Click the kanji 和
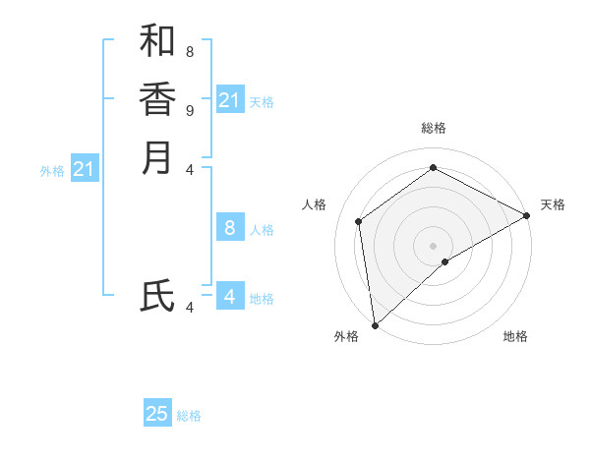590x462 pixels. click(157, 41)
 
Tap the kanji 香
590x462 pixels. click(157, 99)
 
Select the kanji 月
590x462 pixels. click(157, 158)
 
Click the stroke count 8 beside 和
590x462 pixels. click(189, 51)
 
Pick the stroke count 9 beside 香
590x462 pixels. click(189, 109)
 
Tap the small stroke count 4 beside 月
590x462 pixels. click(189, 169)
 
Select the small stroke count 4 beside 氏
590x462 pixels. click(189, 307)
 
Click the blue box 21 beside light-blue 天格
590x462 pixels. click(230, 100)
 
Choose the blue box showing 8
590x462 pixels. click(230, 228)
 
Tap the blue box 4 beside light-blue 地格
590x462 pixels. click(230, 296)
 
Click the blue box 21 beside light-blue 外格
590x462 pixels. click(85, 169)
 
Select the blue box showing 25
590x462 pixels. click(157, 414)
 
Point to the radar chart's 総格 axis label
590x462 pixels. click(433, 128)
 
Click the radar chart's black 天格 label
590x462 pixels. click(553, 204)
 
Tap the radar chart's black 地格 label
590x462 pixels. click(515, 337)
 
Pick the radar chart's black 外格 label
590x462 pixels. click(346, 337)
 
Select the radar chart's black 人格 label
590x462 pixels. click(314, 204)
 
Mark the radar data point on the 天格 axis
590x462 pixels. click(526, 215)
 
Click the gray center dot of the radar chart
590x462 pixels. click(433, 245)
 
